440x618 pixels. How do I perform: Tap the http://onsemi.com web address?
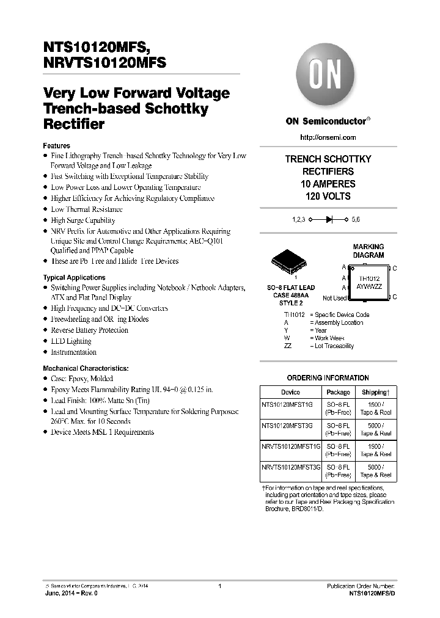pyautogui.click(x=328, y=137)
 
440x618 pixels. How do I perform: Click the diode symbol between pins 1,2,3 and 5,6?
pyautogui.click(x=328, y=219)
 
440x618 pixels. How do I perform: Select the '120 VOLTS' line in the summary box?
pyautogui.click(x=328, y=197)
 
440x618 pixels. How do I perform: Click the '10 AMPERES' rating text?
pyautogui.click(x=328, y=184)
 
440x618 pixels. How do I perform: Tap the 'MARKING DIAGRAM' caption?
pyautogui.click(x=369, y=251)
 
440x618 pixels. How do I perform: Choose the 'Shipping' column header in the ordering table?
pyautogui.click(x=375, y=392)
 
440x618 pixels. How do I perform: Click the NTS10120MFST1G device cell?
pyautogui.click(x=286, y=404)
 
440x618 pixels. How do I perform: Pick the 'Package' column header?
pyautogui.click(x=338, y=392)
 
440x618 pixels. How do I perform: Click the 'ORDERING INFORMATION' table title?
pyautogui.click(x=328, y=378)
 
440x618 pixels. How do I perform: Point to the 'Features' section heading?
pyautogui.click(x=56, y=146)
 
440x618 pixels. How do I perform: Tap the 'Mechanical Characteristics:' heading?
pyautogui.click(x=85, y=368)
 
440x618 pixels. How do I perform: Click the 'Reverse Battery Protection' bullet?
pyautogui.click(x=89, y=330)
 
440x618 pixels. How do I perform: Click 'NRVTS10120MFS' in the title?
pyautogui.click(x=105, y=62)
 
